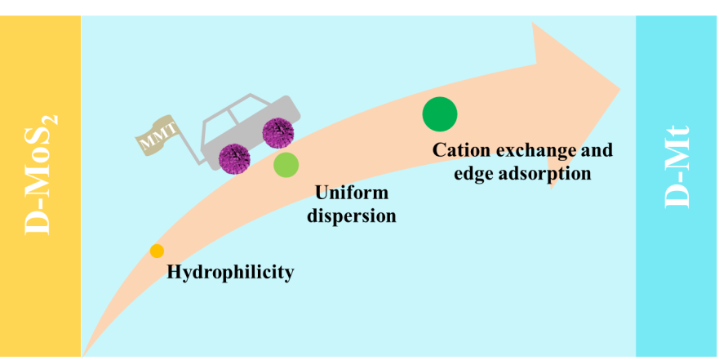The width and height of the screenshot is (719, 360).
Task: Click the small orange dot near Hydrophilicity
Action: point(157,251)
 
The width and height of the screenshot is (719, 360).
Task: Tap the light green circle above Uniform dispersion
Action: point(286,165)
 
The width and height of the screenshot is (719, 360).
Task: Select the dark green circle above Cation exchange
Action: point(439,113)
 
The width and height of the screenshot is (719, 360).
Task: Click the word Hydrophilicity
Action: point(229,273)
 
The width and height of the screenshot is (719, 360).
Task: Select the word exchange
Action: point(535,151)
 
